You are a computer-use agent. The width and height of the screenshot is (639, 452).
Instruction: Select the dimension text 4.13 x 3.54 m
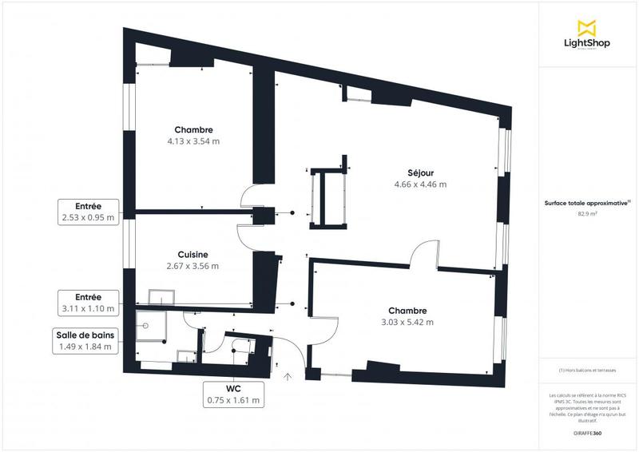tap(193, 141)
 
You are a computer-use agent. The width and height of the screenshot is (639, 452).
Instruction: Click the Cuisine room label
tap(192, 255)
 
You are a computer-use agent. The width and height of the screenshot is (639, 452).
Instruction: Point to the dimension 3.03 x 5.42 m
tap(407, 323)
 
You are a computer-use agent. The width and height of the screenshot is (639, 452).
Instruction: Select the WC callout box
tap(233, 394)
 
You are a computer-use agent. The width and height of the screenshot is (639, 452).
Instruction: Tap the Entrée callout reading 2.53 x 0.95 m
tap(87, 211)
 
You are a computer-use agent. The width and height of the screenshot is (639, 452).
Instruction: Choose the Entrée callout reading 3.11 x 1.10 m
tap(87, 302)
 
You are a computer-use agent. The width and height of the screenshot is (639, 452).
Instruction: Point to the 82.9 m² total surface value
tap(587, 214)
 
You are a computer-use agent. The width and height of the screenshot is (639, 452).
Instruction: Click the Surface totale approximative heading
tap(586, 203)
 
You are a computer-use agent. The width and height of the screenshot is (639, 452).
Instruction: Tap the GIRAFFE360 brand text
tap(587, 432)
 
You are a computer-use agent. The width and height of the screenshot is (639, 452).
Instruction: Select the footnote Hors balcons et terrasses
tap(587, 371)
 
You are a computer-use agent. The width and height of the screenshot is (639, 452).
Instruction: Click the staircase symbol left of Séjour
tap(328, 198)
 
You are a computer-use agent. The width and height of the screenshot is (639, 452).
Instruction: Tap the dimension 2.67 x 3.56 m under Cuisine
tap(192, 266)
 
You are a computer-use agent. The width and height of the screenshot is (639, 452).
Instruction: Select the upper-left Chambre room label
tap(194, 129)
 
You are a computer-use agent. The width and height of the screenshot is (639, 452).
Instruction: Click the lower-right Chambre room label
tap(407, 311)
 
